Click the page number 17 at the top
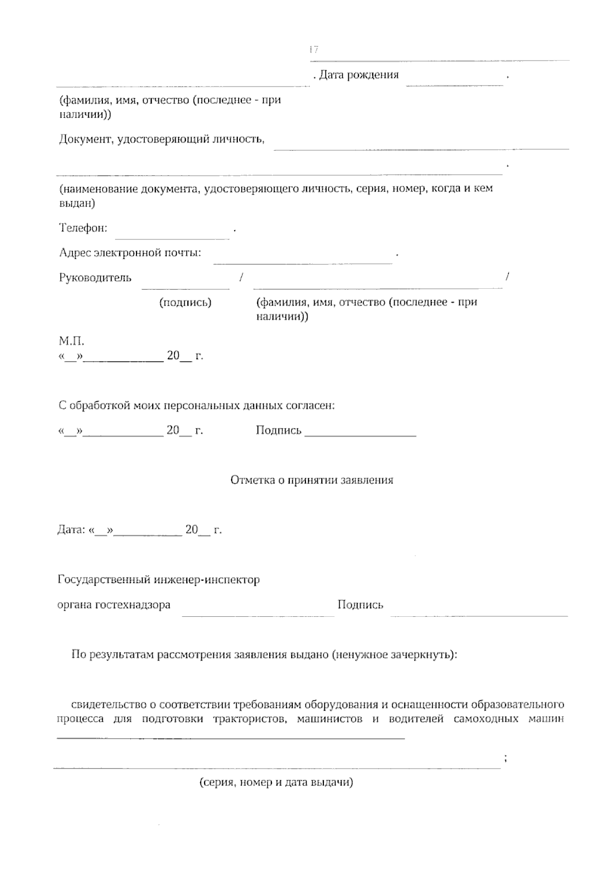tap(314, 49)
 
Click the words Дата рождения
tap(358, 75)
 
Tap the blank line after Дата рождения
tap(454, 83)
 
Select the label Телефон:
tap(84, 228)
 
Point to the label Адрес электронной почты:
tap(130, 253)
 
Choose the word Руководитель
tap(95, 278)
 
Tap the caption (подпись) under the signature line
tap(185, 303)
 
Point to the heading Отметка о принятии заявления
tap(312, 480)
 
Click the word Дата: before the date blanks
tap(71, 530)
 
